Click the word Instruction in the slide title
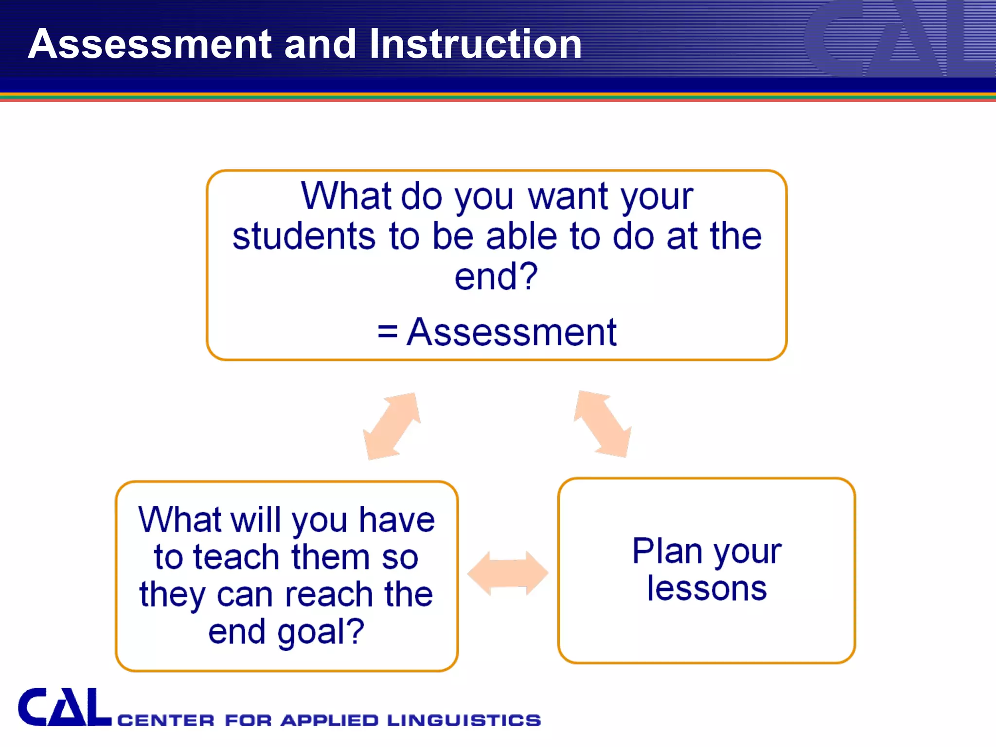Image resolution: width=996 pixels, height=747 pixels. (x=475, y=44)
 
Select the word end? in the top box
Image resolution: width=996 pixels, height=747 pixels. (x=496, y=277)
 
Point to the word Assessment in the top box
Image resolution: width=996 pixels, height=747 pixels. (x=512, y=332)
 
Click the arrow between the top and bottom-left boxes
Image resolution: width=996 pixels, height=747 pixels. (x=392, y=426)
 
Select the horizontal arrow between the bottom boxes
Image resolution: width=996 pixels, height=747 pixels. (x=508, y=573)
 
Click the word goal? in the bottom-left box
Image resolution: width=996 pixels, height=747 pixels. (x=320, y=632)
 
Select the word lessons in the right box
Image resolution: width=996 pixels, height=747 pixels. (x=707, y=589)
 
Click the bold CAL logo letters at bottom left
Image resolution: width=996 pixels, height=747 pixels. (x=65, y=708)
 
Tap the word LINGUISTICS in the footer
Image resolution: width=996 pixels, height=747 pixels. (x=464, y=720)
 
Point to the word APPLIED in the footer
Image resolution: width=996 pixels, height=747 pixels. (x=329, y=720)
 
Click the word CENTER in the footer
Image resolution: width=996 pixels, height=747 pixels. (x=166, y=720)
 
